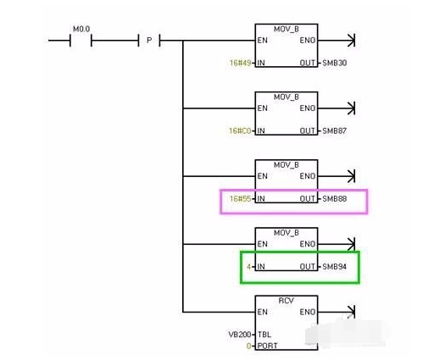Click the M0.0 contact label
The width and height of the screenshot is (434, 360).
tap(81, 28)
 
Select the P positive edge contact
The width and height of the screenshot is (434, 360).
tap(149, 39)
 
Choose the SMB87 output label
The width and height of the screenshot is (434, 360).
tap(334, 131)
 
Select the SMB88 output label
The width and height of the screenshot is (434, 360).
tap(334, 200)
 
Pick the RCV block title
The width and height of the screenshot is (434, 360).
tap(287, 300)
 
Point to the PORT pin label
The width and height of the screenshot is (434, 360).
tap(268, 346)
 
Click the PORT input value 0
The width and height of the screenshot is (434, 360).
tap(249, 346)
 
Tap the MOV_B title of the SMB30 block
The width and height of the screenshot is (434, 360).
tap(287, 28)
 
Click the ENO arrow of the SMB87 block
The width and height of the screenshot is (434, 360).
tap(350, 108)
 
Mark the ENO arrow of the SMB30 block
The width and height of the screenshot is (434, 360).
tap(350, 40)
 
